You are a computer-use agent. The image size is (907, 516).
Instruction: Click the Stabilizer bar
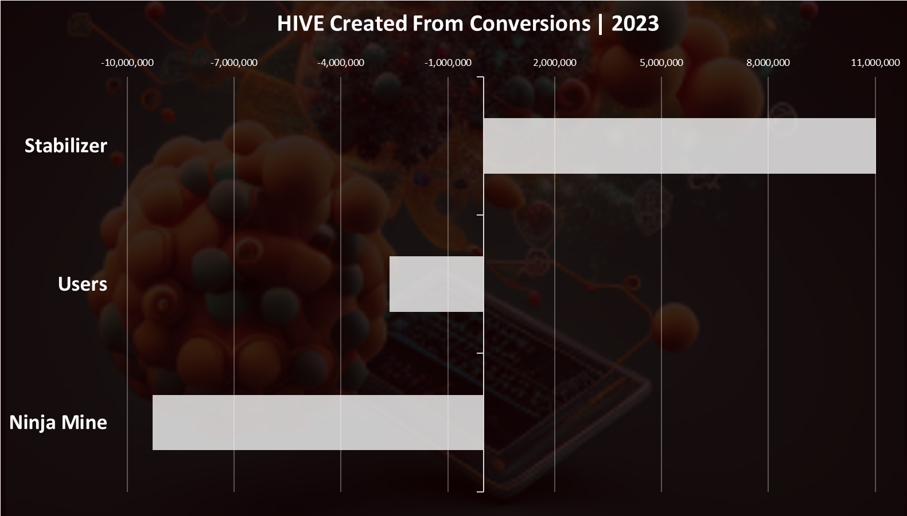click(x=679, y=146)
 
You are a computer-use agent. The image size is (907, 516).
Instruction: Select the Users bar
click(x=437, y=284)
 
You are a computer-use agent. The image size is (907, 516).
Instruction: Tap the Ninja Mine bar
click(x=318, y=423)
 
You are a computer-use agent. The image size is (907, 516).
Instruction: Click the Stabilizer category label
click(x=66, y=146)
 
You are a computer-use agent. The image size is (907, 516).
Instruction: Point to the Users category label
click(x=83, y=284)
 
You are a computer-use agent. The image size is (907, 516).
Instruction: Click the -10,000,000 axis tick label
click(x=127, y=62)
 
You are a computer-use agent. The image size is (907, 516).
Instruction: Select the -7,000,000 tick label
click(x=234, y=62)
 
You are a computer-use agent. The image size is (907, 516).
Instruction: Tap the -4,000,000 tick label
click(x=341, y=62)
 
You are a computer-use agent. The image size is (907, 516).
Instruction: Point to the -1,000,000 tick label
click(x=448, y=62)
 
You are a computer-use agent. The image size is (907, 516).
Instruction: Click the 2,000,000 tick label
click(x=555, y=62)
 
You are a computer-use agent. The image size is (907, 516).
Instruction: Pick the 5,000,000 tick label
click(x=661, y=62)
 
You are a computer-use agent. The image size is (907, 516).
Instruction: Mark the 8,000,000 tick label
click(x=768, y=62)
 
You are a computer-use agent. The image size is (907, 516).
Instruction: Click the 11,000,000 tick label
click(x=875, y=62)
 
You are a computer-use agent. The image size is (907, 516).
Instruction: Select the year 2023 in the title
click(x=635, y=24)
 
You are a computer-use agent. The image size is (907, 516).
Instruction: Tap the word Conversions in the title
click(x=530, y=24)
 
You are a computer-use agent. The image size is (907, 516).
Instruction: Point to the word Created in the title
click(x=368, y=24)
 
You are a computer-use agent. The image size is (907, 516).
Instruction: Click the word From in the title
click(x=438, y=24)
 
